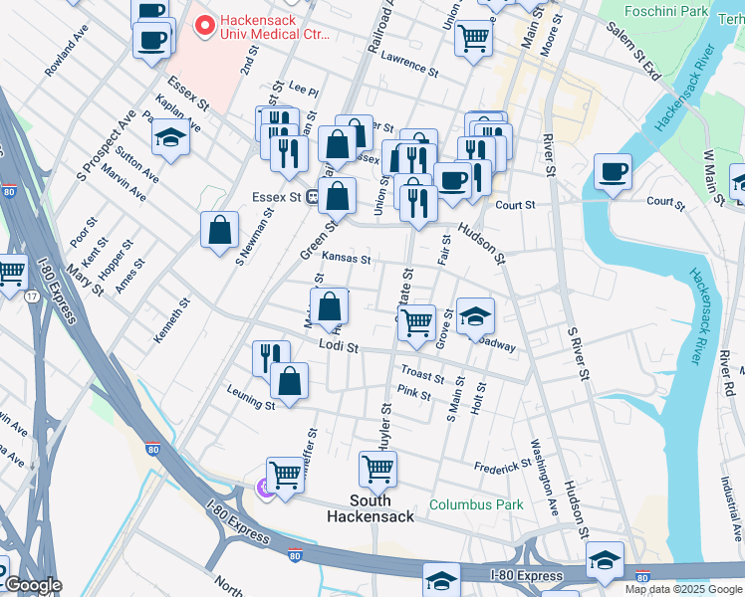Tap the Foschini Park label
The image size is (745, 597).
[x=666, y=11]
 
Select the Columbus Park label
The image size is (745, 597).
[x=476, y=504]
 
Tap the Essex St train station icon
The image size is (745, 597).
[x=312, y=197]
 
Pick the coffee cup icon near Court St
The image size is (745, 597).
[x=613, y=171]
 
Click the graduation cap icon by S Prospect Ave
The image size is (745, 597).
[x=171, y=138]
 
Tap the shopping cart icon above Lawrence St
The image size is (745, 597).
[x=473, y=37]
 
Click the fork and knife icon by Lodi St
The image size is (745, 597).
[x=271, y=357]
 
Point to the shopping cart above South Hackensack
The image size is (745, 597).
[x=377, y=468]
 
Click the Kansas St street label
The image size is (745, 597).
[x=346, y=259]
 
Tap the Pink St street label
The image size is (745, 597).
[x=413, y=394]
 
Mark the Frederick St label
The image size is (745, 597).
[x=502, y=466]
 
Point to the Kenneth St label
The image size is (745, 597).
[x=170, y=321]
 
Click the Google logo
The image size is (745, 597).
[x=32, y=585]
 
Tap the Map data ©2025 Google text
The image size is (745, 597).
[x=682, y=589]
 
